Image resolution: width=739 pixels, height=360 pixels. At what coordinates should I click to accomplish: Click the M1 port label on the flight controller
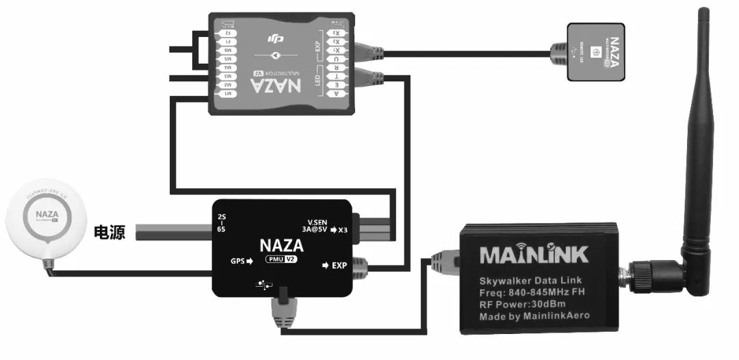(x=227, y=93)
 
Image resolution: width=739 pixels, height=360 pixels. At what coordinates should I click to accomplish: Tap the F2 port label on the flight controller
(x=227, y=32)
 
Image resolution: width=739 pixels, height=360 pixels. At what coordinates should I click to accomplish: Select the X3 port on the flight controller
(x=336, y=32)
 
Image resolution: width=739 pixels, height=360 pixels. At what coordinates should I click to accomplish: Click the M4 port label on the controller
(x=227, y=67)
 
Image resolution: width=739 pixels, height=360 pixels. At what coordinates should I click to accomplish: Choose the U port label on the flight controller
(x=336, y=59)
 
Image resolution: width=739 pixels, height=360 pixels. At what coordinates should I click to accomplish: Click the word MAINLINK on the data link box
(x=534, y=255)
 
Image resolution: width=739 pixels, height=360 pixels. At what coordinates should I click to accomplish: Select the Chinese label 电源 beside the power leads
(x=109, y=233)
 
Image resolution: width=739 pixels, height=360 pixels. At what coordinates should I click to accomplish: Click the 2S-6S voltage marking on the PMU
(x=222, y=224)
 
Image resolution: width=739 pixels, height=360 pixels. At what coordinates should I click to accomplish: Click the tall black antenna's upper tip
(x=703, y=14)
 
